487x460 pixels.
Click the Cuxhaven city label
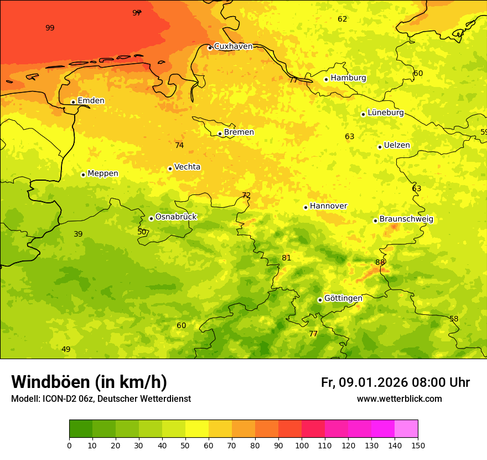233,47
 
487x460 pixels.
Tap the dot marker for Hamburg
326,79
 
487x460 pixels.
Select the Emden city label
91,101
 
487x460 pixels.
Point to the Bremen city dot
220,134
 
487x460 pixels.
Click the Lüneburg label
385,113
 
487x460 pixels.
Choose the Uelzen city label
397,146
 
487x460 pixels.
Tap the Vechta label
187,167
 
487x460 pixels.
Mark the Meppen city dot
83,175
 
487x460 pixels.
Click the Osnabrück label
175,217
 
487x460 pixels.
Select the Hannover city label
328,206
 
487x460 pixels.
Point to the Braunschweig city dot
375,221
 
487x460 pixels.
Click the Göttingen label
343,298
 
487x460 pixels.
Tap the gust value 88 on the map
380,262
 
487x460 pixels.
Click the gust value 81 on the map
286,258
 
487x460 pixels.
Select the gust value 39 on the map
78,234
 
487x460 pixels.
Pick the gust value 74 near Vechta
179,145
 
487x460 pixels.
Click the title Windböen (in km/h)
89,382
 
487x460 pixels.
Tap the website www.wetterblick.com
399,399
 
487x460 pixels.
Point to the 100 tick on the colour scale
302,445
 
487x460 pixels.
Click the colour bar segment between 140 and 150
406,428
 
